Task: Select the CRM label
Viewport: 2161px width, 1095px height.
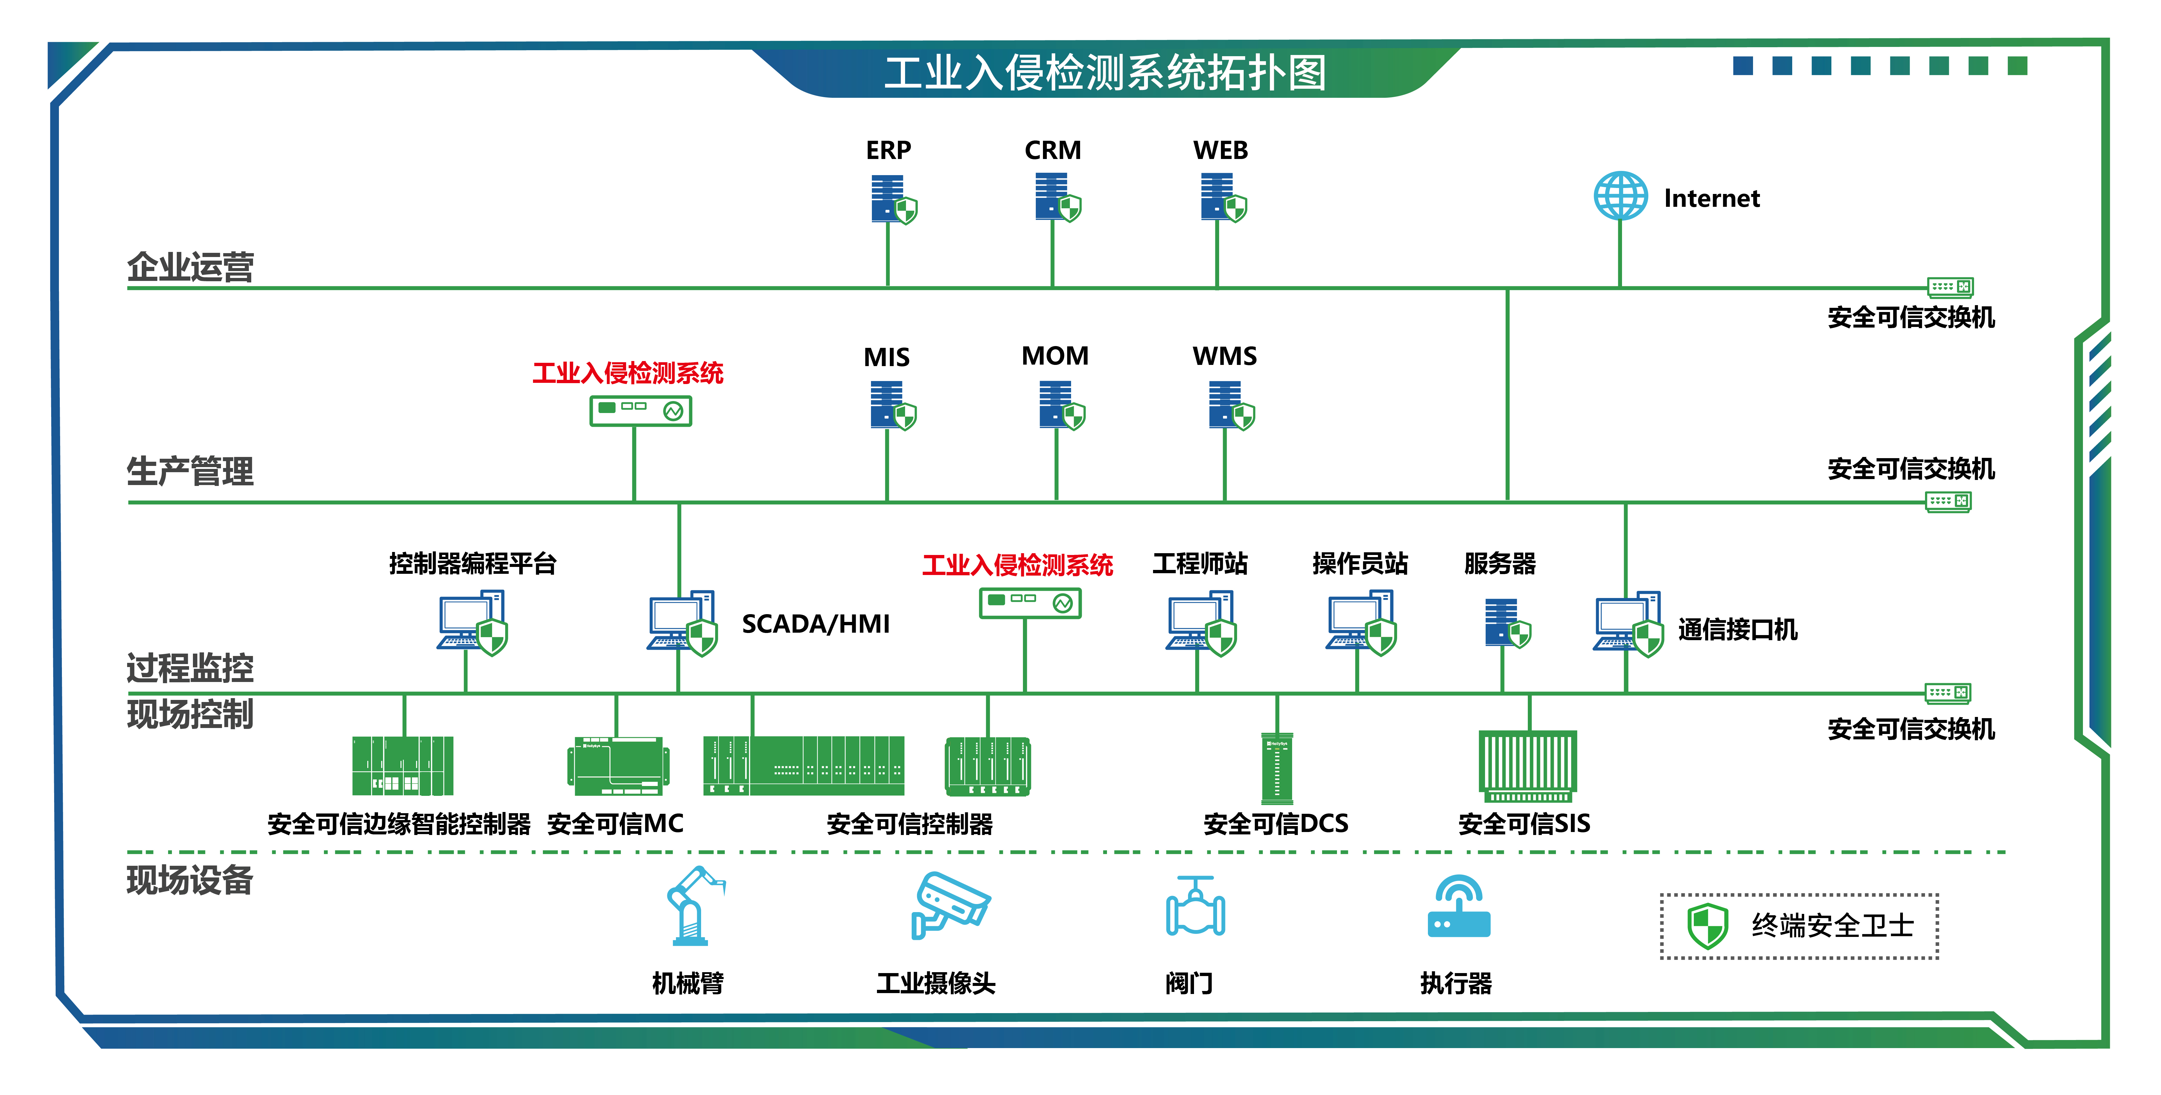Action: point(1053,150)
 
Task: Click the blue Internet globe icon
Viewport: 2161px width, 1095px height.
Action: point(1620,196)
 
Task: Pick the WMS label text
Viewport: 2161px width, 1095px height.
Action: point(1225,356)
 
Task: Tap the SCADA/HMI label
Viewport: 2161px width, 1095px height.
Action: point(815,624)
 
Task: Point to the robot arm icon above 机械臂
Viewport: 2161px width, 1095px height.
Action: point(693,906)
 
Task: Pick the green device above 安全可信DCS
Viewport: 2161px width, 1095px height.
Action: point(1277,767)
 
